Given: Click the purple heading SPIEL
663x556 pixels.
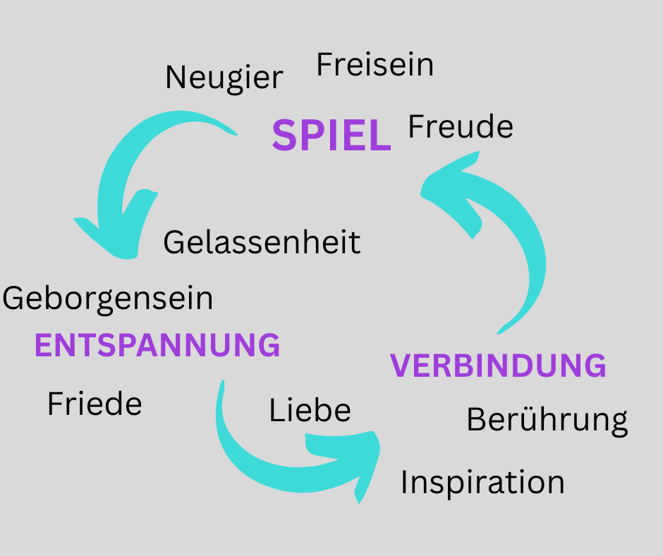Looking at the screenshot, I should (x=331, y=135).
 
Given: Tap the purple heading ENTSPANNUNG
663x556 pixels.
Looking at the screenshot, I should (x=157, y=345).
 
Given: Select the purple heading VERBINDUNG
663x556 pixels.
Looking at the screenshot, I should (x=499, y=366).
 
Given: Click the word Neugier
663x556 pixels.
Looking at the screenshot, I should (x=224, y=77).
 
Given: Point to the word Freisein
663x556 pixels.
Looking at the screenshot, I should (x=375, y=65).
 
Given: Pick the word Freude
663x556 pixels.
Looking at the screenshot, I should (x=461, y=127).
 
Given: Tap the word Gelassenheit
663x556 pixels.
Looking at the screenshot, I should (x=262, y=243).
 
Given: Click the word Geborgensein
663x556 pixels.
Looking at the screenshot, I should (x=108, y=298).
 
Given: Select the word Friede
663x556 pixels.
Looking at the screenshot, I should (x=95, y=404).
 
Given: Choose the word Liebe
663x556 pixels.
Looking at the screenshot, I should (x=310, y=410).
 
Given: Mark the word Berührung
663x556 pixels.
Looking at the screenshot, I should (x=547, y=421).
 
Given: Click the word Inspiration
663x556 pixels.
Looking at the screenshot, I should (x=482, y=483).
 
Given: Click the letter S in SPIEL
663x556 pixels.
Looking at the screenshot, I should (x=284, y=135).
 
